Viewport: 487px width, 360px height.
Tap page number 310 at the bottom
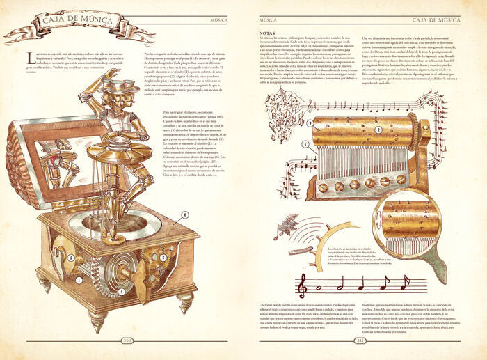pos(127,341)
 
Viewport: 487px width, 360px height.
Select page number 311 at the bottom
pos(360,341)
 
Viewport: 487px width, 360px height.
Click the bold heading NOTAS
pos(267,33)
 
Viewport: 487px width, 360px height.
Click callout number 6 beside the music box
pos(185,215)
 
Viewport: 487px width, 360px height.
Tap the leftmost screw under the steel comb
pos(322,187)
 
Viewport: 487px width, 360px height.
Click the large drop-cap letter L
pos(29,56)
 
